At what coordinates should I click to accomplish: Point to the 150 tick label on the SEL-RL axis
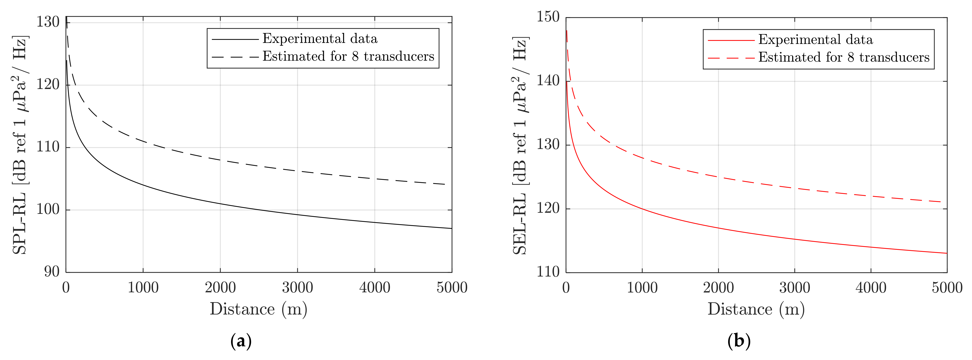(x=548, y=17)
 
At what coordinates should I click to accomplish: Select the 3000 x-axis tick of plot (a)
(x=297, y=288)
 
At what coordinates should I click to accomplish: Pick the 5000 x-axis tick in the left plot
(x=452, y=288)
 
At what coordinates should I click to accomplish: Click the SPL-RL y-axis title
(x=20, y=145)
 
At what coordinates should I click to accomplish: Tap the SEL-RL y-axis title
(x=520, y=145)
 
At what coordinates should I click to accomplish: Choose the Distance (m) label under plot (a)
(x=258, y=309)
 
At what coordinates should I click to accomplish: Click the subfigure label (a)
(x=241, y=341)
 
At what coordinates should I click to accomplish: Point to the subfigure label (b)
(x=739, y=341)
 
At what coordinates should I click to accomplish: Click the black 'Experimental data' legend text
(x=320, y=39)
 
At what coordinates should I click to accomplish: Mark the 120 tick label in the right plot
(x=548, y=208)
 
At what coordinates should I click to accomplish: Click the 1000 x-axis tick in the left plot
(x=143, y=288)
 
